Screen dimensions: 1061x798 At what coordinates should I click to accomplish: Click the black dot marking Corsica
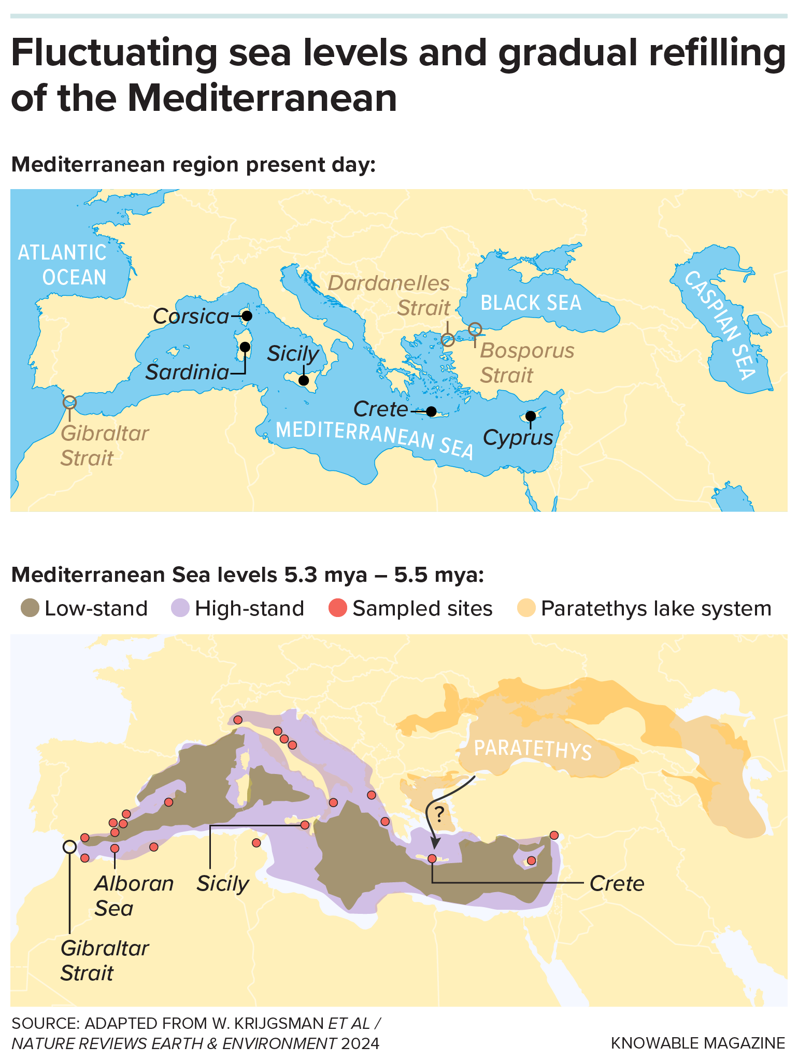[247, 316]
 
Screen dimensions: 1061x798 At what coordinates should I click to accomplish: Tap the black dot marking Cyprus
[531, 416]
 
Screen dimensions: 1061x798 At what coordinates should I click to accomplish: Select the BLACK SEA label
[531, 303]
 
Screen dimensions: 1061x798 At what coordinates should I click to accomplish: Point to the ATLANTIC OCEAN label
[63, 265]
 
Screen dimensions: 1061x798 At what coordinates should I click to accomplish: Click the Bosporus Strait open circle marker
[475, 329]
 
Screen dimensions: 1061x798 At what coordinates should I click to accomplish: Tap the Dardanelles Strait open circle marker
[448, 340]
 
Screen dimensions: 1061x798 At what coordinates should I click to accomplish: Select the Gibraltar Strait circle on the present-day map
[69, 402]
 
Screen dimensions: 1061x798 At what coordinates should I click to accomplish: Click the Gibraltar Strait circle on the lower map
[69, 847]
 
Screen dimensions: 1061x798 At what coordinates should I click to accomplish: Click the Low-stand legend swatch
[30, 608]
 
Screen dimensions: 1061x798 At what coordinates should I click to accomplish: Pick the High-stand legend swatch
[180, 608]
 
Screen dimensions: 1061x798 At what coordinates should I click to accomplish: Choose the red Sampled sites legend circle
[337, 608]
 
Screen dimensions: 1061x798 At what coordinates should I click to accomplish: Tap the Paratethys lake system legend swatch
[526, 608]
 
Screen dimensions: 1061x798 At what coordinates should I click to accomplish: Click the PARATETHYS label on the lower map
[533, 749]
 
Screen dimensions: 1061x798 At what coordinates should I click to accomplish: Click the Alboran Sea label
[133, 896]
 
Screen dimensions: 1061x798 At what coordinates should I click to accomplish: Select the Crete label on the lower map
[617, 883]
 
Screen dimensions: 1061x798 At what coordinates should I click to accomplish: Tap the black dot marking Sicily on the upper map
[304, 381]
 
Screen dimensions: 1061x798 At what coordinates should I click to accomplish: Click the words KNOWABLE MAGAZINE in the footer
[697, 1043]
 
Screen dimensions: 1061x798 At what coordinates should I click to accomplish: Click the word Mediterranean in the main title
[262, 98]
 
